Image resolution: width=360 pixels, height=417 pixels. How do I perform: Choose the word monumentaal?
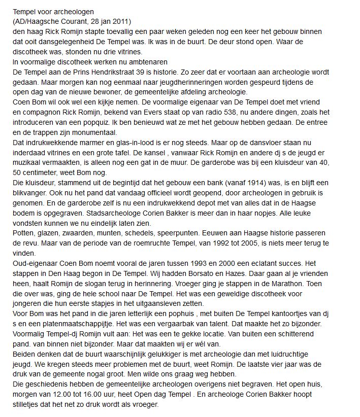(x=90, y=132)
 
